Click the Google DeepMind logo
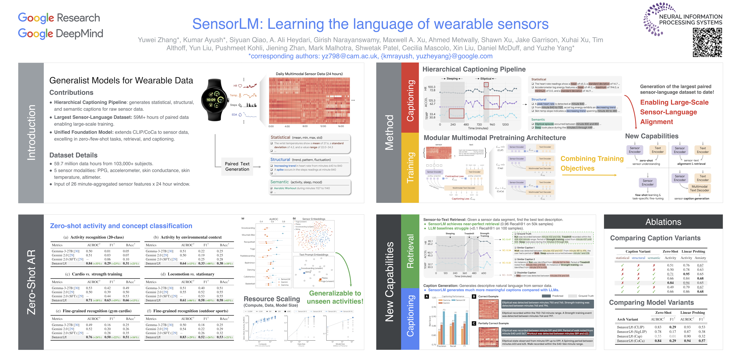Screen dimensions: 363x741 point(60,34)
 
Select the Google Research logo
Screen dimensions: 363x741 point(59,18)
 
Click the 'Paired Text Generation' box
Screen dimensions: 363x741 point(237,166)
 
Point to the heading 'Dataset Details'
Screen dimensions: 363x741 point(73,155)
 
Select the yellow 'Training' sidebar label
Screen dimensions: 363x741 point(410,168)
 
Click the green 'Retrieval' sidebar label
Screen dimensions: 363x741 point(410,251)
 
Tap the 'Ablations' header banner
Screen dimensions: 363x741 point(663,222)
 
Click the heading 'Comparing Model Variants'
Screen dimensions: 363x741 point(651,302)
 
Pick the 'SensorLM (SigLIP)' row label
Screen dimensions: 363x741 point(631,332)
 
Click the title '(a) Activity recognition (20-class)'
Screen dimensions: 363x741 point(93,237)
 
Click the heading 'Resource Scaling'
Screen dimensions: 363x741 point(272,299)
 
